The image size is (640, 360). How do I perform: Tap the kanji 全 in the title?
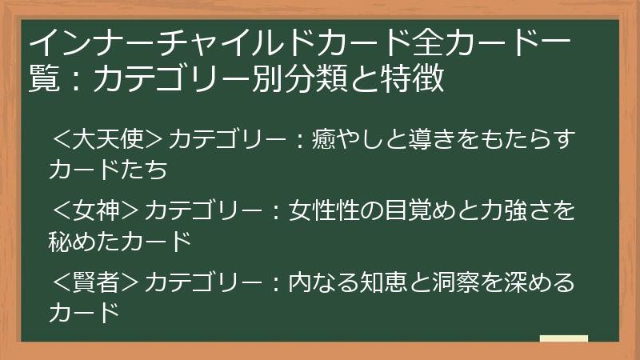[417, 43]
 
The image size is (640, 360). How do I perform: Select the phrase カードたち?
[108, 170]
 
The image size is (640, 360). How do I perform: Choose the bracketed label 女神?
[96, 210]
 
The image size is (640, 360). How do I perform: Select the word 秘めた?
[84, 242]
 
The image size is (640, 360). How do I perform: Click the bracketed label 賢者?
[96, 282]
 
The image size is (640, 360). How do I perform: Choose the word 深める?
[539, 282]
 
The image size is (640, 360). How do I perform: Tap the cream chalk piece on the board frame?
[564, 338]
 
